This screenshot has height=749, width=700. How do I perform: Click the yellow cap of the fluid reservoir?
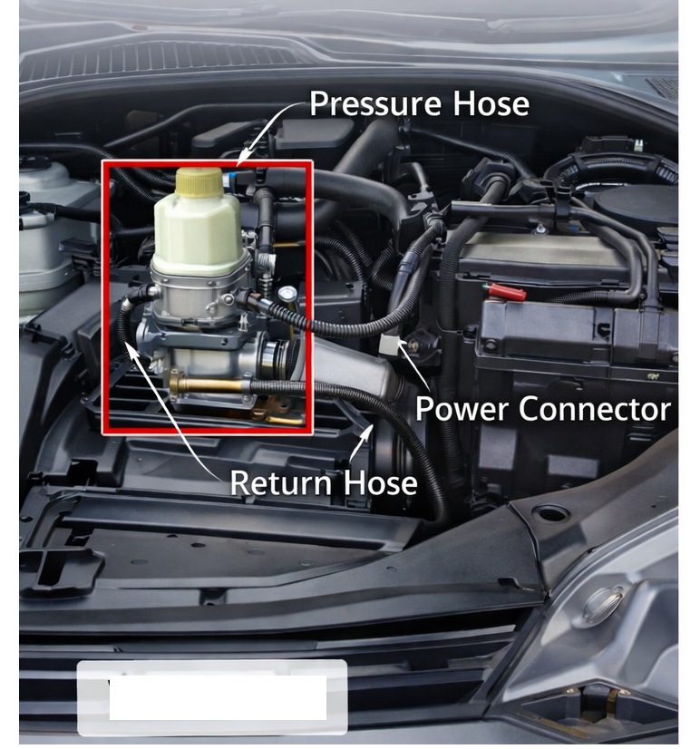pos(199,182)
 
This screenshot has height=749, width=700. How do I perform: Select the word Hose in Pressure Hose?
pos(486,103)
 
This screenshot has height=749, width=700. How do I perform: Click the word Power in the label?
pos(463,408)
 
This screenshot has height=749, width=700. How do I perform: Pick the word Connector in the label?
pos(594,408)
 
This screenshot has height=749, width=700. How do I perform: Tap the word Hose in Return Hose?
pos(381,482)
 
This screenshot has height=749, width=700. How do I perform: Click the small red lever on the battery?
pos(505,292)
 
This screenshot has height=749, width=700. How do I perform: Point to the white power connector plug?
pos(391,343)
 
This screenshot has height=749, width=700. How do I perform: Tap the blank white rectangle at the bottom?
pos(212,697)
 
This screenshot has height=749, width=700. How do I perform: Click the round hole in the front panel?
pos(550,514)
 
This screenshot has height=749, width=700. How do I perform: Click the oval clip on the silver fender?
pos(602,604)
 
